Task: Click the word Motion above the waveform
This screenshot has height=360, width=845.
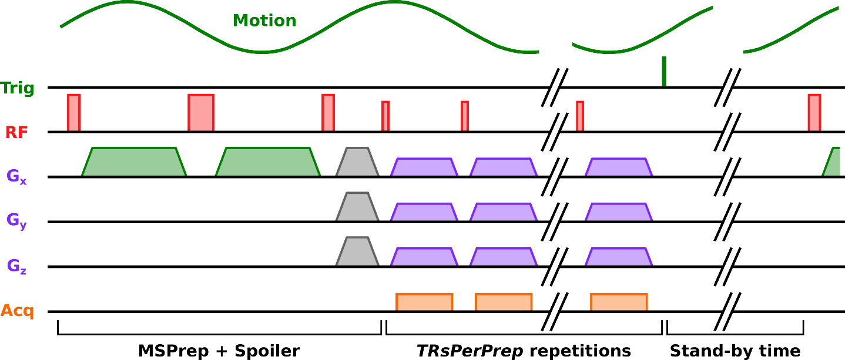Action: [264, 21]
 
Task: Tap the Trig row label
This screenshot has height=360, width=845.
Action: [18, 89]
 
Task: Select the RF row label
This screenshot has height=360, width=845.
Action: [16, 133]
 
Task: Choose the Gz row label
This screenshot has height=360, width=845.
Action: [16, 266]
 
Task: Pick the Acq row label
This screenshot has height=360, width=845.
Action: [18, 311]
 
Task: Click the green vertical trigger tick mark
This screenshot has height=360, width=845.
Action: [664, 71]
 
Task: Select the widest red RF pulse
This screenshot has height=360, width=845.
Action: [201, 112]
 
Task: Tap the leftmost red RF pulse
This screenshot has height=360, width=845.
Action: [73, 112]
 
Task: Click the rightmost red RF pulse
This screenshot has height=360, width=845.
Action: [814, 112]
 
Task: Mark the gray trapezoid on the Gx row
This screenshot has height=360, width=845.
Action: [357, 162]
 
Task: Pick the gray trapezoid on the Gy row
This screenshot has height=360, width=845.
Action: [357, 206]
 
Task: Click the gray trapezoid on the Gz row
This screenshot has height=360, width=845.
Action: [357, 251]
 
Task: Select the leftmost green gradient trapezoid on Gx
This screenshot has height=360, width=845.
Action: [134, 162]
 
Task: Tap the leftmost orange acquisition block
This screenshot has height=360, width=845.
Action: [424, 301]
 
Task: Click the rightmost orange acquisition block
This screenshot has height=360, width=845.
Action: [619, 301]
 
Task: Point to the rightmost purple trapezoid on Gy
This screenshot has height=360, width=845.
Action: [619, 211]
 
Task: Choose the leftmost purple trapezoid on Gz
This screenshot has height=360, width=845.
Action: [424, 256]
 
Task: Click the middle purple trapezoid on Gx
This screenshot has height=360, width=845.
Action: [504, 166]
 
